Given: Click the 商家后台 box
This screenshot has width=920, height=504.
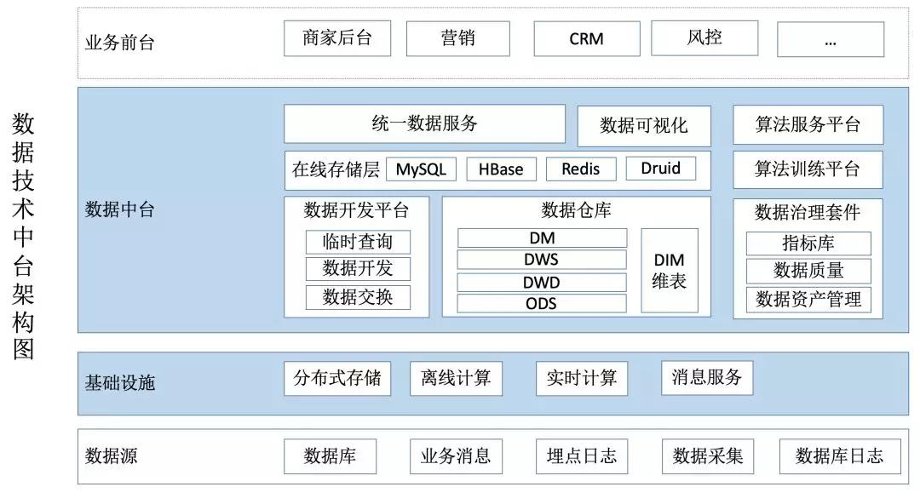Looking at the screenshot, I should point(337,38).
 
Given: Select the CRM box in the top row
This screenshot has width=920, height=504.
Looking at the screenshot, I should point(586,39).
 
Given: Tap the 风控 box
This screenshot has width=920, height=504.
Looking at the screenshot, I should point(704,37).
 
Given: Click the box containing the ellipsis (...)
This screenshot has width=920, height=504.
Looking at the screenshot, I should point(830,39).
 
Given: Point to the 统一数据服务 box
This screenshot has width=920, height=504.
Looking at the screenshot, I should point(424,123).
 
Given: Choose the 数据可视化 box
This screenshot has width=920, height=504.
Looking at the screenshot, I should point(643,126).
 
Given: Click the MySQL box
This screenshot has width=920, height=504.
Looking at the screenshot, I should point(421,169).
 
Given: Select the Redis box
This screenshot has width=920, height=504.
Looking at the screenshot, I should point(580,169).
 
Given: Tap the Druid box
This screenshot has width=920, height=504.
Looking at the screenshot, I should point(660,168).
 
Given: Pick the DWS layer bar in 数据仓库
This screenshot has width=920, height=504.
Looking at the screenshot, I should point(542,260).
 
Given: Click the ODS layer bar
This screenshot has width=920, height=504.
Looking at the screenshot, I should point(542,303).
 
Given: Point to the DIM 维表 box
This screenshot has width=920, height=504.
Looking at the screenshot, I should point(669,271).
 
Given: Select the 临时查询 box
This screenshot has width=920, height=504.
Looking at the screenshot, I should point(357,242).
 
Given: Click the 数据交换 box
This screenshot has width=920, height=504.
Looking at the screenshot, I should point(357,297).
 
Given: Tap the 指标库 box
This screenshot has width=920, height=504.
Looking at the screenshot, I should point(808,243).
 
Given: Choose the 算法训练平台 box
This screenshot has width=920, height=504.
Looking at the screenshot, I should point(808,169).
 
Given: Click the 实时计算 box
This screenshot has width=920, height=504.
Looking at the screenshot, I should point(582,378).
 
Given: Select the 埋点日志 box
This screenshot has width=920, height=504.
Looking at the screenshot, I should point(582,456).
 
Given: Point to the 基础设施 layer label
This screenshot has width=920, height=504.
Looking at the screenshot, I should point(120,383).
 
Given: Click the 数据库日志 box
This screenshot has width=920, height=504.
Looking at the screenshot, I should point(839,456).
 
